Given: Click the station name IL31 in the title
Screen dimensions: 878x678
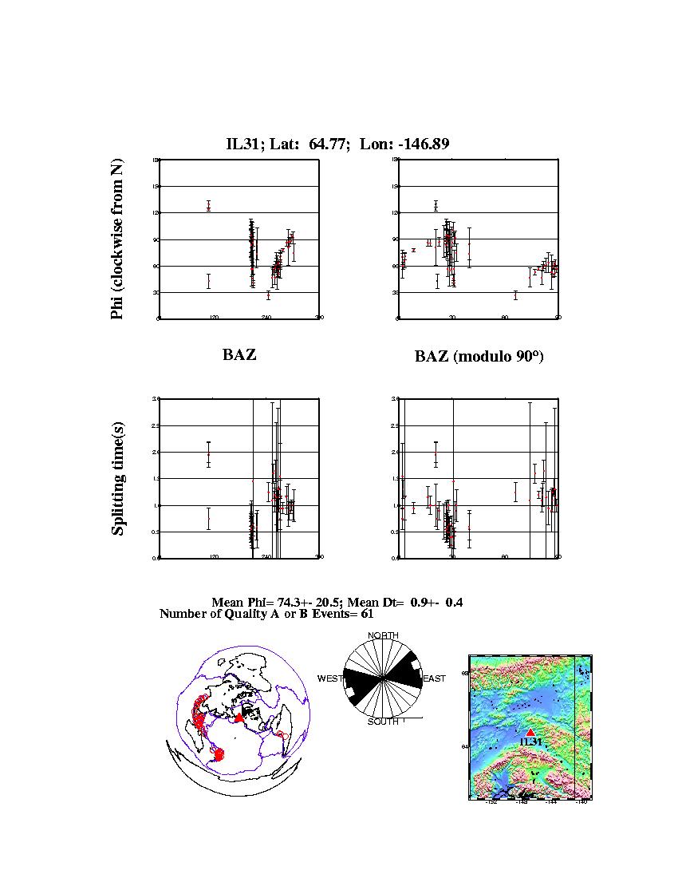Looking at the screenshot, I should pos(241,144).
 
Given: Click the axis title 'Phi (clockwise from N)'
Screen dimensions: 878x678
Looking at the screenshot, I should pos(117,239).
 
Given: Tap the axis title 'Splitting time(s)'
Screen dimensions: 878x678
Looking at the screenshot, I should pos(117,480).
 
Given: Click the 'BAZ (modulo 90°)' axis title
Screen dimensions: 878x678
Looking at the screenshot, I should pos(479,357).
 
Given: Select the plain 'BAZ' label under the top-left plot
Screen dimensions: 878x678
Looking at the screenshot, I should pos(239,355).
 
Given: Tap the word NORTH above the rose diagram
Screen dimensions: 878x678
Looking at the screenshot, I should pos(384,635).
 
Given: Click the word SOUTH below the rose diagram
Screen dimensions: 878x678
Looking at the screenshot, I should pos(383,722).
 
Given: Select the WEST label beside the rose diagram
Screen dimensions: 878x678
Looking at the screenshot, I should pos(330,678).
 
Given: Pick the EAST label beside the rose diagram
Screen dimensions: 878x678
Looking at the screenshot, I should pos(435,678).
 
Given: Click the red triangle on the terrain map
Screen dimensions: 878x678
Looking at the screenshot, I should pos(531,732).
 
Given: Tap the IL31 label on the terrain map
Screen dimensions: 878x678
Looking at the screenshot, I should pos(531,742).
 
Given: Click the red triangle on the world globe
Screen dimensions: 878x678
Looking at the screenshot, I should pos(238,718).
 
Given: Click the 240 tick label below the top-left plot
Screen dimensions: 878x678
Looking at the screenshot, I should pos(266,318).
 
